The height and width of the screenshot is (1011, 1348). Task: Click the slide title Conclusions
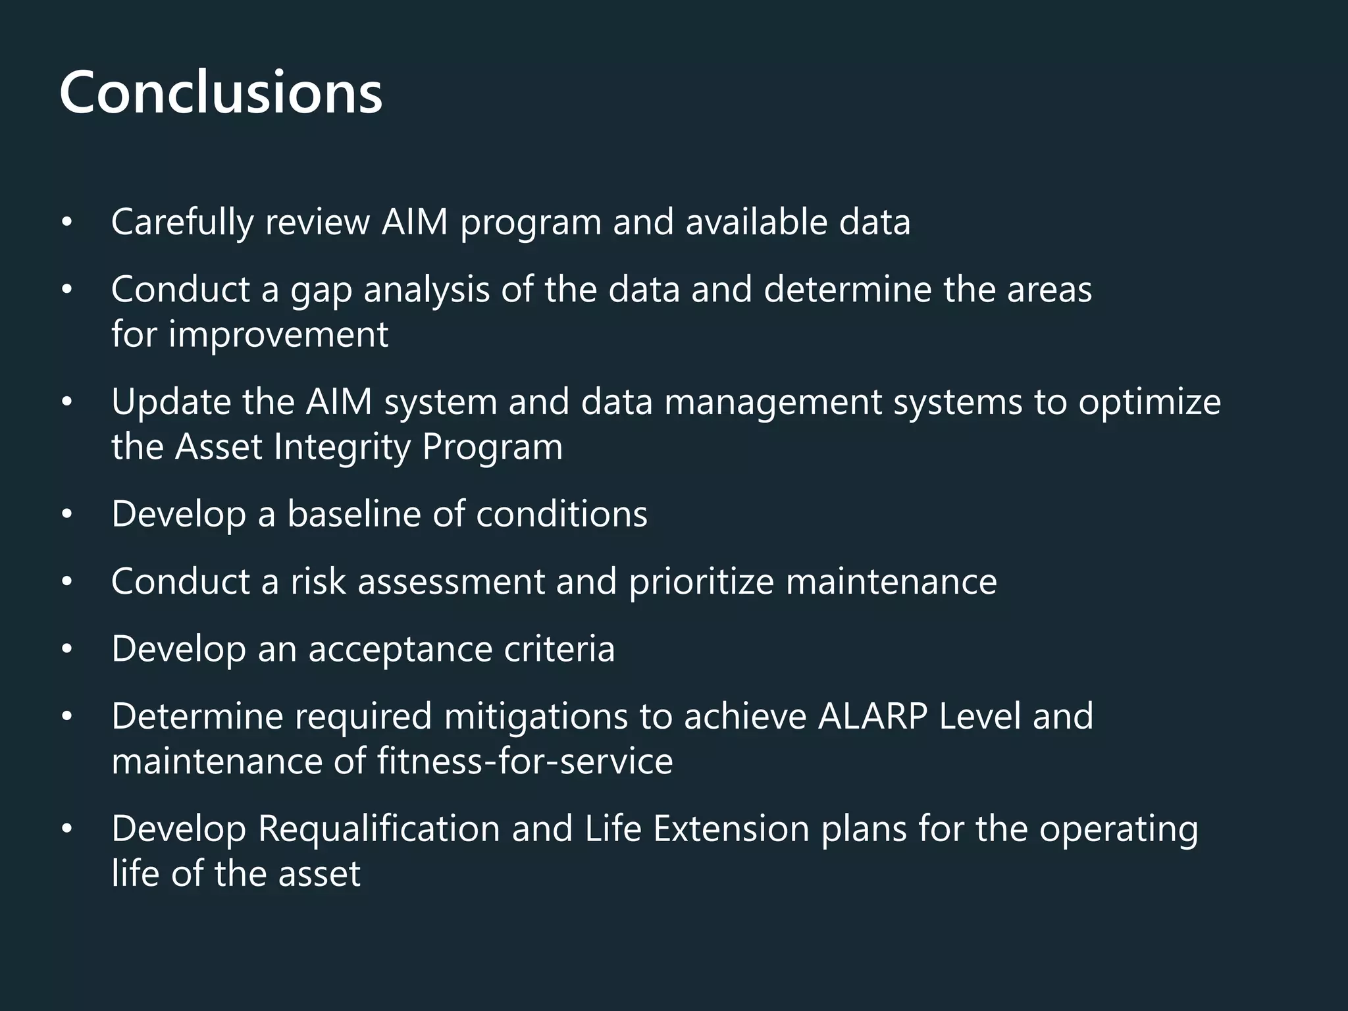pos(220,93)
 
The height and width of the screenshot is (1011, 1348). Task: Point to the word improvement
pos(278,334)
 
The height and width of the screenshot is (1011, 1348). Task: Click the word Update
pos(170,402)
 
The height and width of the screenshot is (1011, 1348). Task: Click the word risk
pos(319,582)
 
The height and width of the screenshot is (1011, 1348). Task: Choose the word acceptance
pos(400,650)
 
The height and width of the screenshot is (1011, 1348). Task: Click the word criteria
pos(559,650)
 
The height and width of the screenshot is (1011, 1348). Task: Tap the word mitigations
pos(536,717)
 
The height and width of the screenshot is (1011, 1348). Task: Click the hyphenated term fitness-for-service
pos(525,762)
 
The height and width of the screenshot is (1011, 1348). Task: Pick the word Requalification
pos(378,829)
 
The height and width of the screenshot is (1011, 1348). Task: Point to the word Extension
pos(731,829)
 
